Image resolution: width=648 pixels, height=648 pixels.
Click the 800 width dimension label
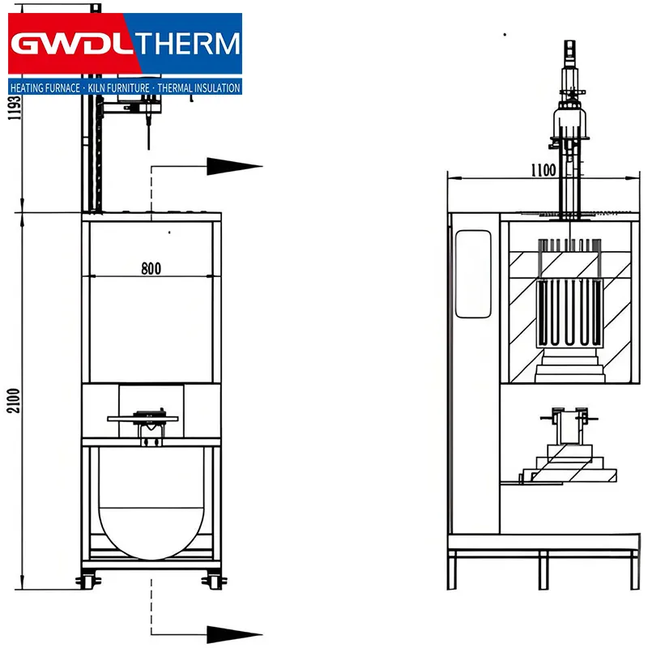(x=151, y=269)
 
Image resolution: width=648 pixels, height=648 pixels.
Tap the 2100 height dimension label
(x=13, y=400)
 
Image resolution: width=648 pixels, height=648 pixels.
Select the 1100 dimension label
(x=544, y=170)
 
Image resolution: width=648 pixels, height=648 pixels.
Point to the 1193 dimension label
(x=15, y=108)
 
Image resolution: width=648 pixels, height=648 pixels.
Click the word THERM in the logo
(x=188, y=44)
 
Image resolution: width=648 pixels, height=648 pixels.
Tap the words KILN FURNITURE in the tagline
(x=118, y=88)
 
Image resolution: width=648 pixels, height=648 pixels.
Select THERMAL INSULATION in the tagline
(x=198, y=88)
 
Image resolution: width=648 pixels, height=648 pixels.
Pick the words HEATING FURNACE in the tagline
(x=45, y=88)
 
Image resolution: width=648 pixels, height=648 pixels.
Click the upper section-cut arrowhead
(x=234, y=166)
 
